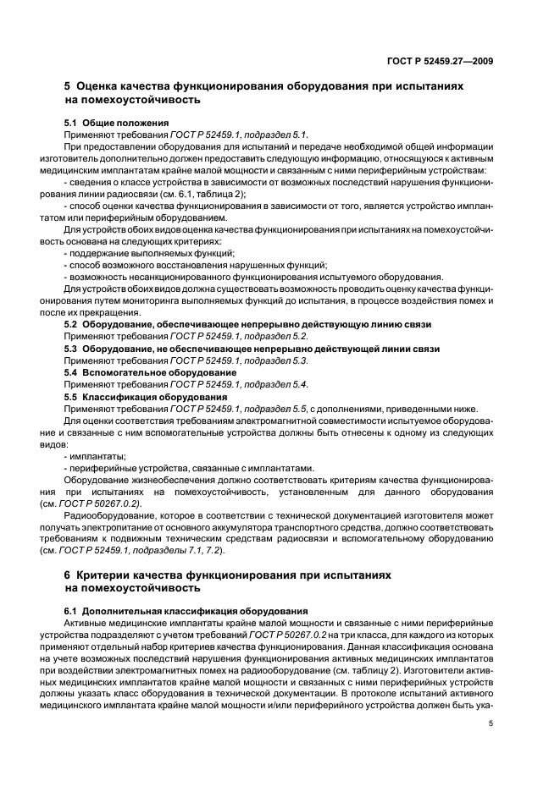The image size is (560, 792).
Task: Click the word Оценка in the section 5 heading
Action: point(104,86)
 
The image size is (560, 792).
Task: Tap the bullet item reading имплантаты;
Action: point(95,456)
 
